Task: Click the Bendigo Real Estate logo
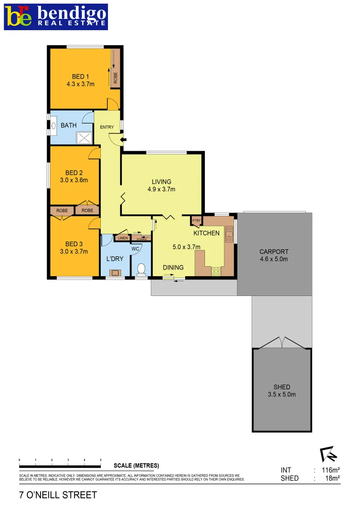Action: pos(56,17)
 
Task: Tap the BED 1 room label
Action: pos(81,77)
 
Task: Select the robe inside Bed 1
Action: pos(115,75)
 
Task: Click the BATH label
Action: pos(68,125)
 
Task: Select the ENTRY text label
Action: pos(107,127)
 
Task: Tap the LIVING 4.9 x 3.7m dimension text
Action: pos(161,189)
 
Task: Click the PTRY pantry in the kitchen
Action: pos(196,221)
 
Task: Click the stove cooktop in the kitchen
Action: pos(216,271)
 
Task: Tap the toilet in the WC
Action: pos(140,270)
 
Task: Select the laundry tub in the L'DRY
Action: pos(115,272)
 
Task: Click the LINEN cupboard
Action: pos(123,238)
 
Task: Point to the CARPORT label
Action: pos(274,252)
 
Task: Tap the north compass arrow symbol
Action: pos(328,454)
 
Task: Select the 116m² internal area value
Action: pos(331,470)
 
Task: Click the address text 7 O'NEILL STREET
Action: pos(58,495)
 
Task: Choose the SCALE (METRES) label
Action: pos(136,466)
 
